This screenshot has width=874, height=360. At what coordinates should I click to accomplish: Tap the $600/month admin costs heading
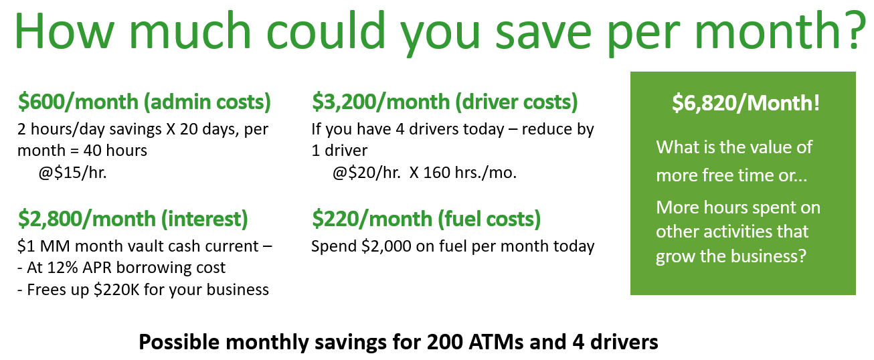(x=145, y=102)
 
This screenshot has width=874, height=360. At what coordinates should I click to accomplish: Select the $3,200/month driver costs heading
(x=445, y=102)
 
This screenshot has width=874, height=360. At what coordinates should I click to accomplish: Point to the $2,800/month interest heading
(x=133, y=219)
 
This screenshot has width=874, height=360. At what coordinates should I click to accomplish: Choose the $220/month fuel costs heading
(x=426, y=219)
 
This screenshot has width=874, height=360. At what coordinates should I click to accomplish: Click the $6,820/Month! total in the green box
(x=746, y=103)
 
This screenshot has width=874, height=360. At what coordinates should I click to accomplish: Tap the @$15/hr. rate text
(x=72, y=173)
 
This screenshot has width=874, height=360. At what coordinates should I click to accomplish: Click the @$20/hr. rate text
(x=366, y=173)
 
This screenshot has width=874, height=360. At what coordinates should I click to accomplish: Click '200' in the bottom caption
(x=444, y=342)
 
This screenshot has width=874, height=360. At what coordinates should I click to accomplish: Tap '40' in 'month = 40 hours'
(x=91, y=151)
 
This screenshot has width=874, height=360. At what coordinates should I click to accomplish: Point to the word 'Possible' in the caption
(x=179, y=342)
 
